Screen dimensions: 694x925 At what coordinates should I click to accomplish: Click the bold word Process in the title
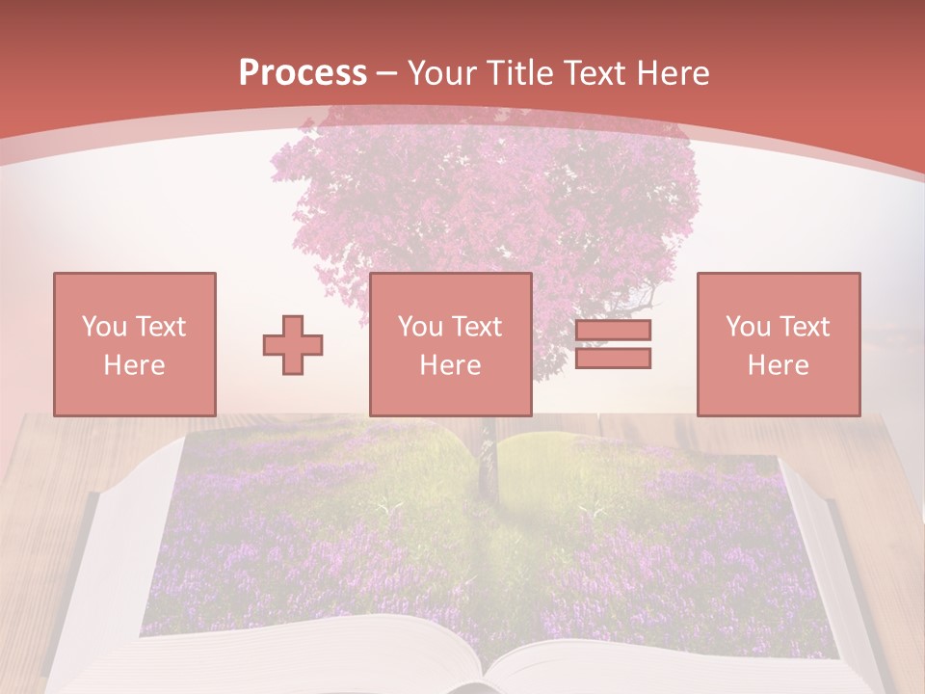click(303, 73)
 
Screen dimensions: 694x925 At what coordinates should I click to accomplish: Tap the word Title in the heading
click(520, 73)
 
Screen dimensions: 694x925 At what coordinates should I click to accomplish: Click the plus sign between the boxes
click(293, 344)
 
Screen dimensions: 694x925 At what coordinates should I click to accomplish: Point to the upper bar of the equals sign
click(613, 330)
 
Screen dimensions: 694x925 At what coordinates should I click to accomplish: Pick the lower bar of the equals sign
click(613, 359)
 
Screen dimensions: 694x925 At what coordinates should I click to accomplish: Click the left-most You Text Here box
click(135, 344)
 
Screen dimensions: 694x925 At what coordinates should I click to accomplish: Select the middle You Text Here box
click(450, 344)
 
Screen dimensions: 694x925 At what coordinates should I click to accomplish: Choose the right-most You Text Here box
click(778, 344)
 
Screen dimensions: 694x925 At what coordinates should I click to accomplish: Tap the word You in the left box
click(104, 327)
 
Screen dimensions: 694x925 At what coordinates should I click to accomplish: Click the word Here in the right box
click(778, 365)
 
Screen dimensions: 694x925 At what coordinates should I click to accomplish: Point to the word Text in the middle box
click(476, 327)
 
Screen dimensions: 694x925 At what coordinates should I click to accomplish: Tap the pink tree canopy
click(482, 202)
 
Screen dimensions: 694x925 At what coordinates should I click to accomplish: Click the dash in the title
click(387, 73)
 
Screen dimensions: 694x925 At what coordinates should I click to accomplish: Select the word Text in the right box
click(804, 327)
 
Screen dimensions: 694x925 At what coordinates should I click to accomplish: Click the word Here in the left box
click(135, 365)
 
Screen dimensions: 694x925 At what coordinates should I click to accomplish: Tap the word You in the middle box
click(420, 327)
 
